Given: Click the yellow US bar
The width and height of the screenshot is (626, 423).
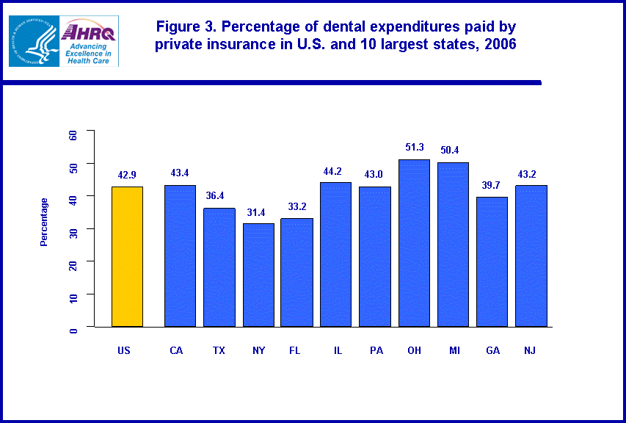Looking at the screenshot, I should [127, 256].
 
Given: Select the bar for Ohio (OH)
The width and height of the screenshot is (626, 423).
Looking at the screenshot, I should [414, 242].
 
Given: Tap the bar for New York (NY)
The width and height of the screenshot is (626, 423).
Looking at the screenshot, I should [258, 275].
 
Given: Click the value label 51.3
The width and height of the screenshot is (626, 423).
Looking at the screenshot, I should [414, 148].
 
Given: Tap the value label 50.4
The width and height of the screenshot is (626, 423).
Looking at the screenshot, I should [453, 151].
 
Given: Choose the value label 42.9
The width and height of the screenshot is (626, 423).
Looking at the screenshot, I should [127, 175].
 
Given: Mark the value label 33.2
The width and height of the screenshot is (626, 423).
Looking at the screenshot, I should [296, 206].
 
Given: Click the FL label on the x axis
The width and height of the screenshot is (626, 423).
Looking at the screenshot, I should [295, 350].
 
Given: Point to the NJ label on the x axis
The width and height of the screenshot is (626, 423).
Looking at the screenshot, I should [530, 350].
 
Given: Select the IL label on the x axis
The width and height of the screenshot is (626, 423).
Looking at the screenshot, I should [337, 350].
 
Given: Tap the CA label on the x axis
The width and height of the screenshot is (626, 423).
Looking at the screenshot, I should [176, 350].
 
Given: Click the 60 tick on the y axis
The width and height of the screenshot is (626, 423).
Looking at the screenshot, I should [73, 135].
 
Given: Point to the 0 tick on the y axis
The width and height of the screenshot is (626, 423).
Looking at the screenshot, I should [73, 330].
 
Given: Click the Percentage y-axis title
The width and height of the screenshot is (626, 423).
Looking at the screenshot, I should [44, 222].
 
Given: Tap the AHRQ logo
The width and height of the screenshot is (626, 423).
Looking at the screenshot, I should [88, 41].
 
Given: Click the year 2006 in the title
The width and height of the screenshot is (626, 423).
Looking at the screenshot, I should [499, 44].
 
